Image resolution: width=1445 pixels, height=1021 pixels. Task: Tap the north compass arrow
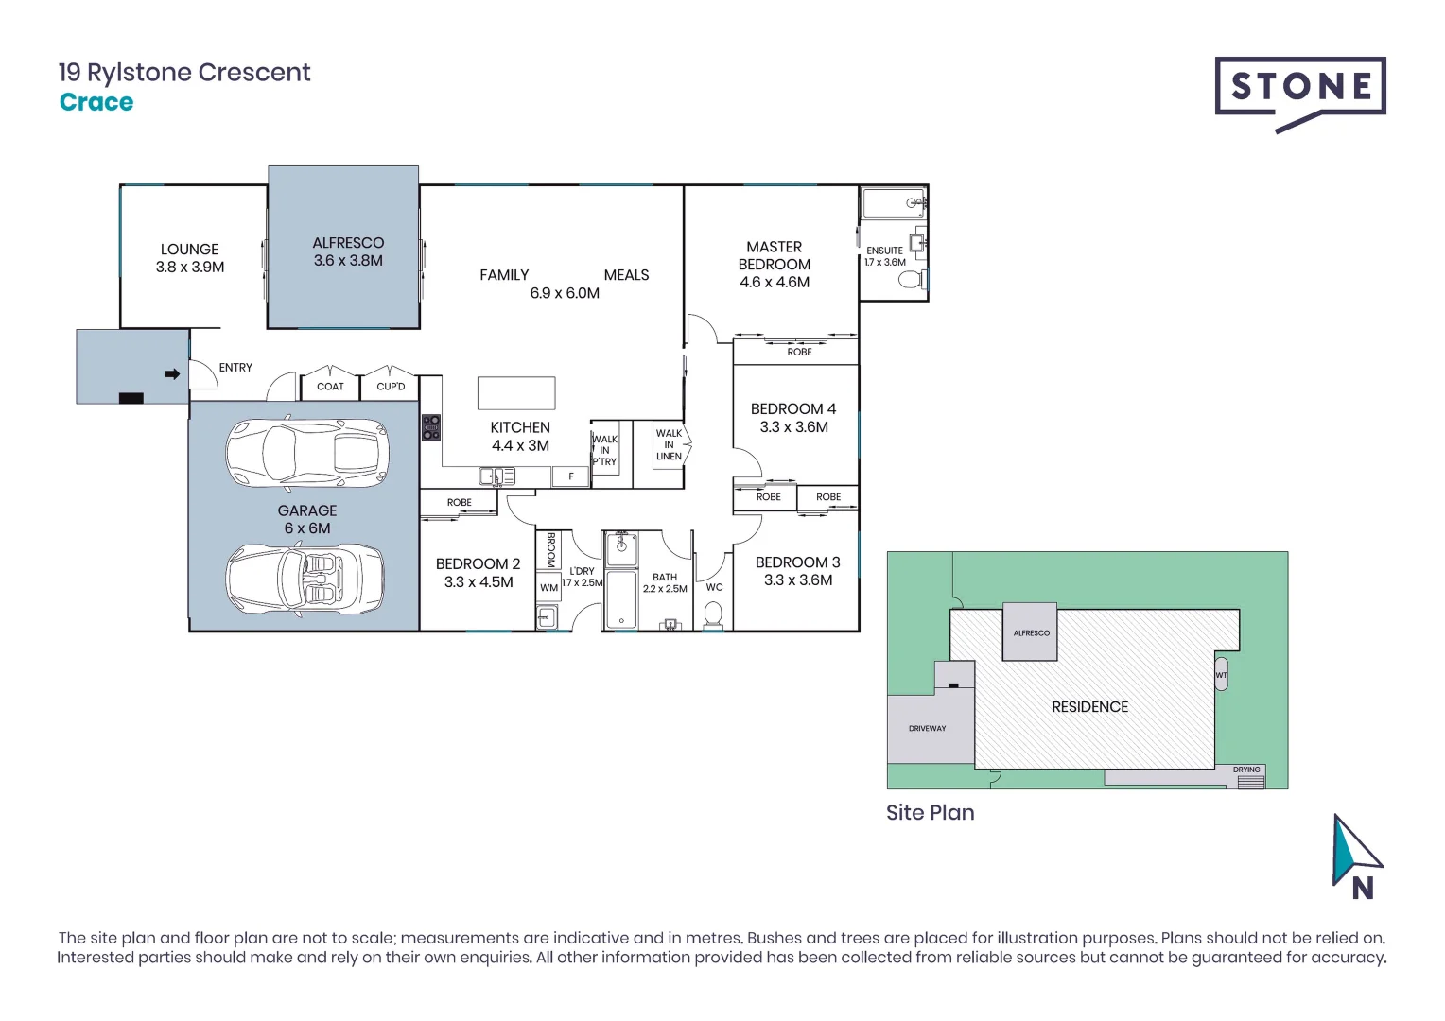click(x=1355, y=851)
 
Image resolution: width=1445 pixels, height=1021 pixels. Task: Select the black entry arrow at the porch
click(x=172, y=374)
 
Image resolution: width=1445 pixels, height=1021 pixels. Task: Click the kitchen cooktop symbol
click(x=431, y=428)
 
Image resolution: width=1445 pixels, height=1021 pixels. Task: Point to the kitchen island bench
click(x=516, y=393)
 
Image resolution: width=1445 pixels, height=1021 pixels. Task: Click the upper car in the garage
click(x=306, y=450)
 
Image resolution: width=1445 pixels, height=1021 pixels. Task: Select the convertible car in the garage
click(x=305, y=580)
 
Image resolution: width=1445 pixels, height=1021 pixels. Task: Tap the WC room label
click(x=714, y=587)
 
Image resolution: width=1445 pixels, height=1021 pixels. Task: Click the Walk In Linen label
click(x=669, y=445)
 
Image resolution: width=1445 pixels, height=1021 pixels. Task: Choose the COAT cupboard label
click(x=330, y=387)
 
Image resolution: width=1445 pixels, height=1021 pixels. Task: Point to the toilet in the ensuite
click(x=910, y=280)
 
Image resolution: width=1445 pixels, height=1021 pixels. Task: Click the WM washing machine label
click(x=548, y=588)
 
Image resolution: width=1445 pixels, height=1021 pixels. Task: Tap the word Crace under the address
click(x=96, y=102)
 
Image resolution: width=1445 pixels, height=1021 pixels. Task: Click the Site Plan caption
click(x=930, y=813)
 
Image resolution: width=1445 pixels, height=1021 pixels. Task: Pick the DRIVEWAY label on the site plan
click(x=927, y=729)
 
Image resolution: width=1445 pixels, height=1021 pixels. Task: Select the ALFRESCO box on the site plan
click(x=1031, y=632)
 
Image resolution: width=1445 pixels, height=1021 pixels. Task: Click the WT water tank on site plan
click(x=1221, y=675)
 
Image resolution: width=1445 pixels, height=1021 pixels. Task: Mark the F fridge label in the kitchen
click(x=571, y=477)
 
